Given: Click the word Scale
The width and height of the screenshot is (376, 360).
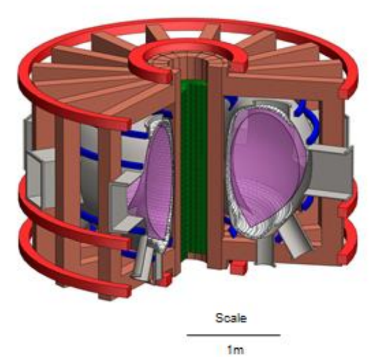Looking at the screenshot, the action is (x=231, y=318).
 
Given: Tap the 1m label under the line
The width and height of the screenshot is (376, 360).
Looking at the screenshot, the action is (x=235, y=350).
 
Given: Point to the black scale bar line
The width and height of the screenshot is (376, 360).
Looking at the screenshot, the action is (x=233, y=335).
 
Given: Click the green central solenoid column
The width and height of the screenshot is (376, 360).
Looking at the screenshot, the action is (x=193, y=170).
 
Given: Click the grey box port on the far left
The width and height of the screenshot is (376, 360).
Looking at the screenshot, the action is (x=41, y=178).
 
